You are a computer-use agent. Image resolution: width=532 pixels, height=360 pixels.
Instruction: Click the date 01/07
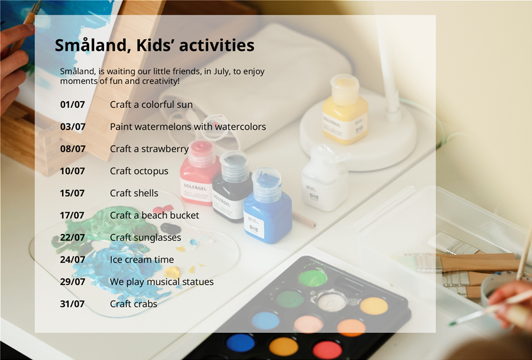coord(72,105)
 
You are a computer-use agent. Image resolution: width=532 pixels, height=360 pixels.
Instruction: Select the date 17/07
coord(72,215)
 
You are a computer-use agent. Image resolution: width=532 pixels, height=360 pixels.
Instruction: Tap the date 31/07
coord(72,304)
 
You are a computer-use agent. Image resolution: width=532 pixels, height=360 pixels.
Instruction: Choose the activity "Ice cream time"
coord(142,260)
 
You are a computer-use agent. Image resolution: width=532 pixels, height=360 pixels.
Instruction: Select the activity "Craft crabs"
coord(134,304)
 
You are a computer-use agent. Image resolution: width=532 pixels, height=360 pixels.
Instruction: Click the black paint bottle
coord(232,186)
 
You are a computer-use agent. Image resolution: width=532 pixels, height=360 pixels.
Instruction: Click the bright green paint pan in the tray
coord(313,277)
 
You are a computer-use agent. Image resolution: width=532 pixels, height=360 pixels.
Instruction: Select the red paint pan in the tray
coord(327,350)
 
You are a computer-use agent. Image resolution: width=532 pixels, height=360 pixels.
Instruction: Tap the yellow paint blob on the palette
coord(173,273)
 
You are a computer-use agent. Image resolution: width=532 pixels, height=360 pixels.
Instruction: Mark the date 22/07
coord(72,238)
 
